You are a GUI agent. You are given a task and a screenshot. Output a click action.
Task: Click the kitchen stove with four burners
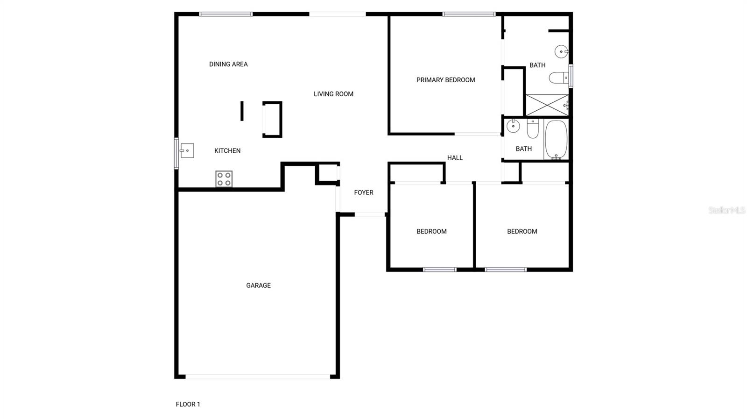point(224,179)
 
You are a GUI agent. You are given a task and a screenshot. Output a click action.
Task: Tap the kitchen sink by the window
point(187,150)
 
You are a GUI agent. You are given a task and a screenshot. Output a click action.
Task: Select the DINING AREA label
point(228,64)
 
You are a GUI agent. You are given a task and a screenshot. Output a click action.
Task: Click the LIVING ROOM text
point(333,94)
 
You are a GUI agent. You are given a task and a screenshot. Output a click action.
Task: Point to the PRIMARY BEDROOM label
point(445,80)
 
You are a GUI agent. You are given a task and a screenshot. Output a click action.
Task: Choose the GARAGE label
point(258,285)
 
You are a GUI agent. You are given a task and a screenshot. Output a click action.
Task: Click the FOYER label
point(363,192)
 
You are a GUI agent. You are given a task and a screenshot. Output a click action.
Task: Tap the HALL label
point(455,158)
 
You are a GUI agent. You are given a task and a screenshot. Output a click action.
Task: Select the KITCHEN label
point(227,151)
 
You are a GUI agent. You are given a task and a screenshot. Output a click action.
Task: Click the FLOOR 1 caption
point(188,405)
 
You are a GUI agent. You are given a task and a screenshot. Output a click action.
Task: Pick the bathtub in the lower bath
point(556,140)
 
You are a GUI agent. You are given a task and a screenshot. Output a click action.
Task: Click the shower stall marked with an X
point(547,105)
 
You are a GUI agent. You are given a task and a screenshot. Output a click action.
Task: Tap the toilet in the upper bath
point(558,78)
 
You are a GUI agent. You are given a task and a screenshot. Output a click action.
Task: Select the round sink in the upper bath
point(561,51)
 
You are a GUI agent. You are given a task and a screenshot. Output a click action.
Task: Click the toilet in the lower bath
point(533,129)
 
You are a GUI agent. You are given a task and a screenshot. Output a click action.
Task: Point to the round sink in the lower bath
point(513,126)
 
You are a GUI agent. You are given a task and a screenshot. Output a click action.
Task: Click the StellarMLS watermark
point(726,211)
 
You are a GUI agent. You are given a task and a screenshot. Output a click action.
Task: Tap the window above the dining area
point(226,14)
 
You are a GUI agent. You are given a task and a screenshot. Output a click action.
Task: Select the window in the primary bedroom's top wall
point(469,14)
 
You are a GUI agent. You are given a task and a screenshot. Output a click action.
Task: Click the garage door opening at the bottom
point(258,376)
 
